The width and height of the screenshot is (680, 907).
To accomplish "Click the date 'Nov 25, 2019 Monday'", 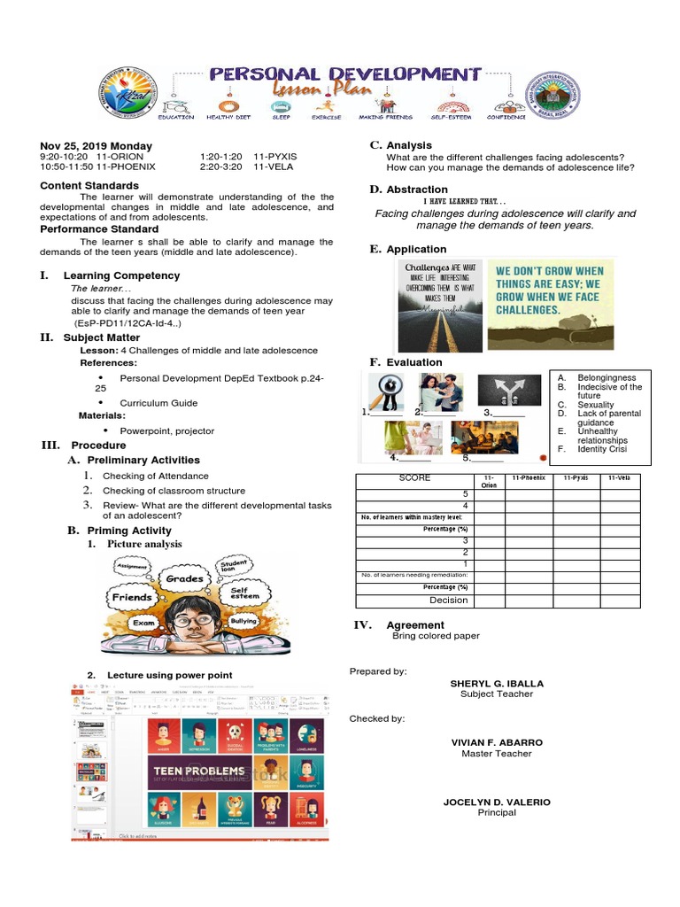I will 96,146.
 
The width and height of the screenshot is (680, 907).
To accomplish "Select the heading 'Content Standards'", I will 89,186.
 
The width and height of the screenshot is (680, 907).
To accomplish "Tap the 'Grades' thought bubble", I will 185,579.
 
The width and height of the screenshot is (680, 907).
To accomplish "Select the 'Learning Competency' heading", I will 121,275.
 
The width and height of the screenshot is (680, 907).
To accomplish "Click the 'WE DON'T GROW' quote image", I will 550,304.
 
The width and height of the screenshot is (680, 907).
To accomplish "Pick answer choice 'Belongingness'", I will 607,377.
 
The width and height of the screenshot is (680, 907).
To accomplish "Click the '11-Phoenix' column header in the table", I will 529,478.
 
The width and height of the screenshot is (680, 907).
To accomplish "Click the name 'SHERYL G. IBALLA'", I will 496,684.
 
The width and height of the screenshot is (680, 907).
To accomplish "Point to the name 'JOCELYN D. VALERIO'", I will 497,802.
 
